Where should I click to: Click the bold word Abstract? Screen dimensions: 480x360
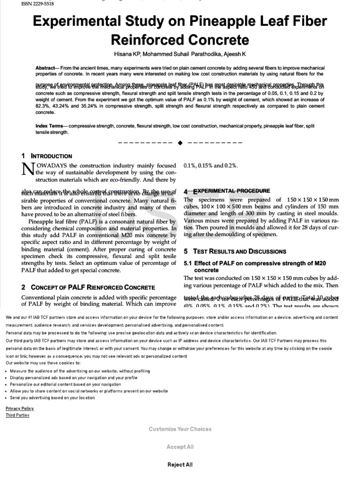pyautogui.click(x=45, y=68)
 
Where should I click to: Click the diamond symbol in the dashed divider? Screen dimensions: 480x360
pyautogui.click(x=180, y=142)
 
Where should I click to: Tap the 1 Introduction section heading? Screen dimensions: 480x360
pyautogui.click(x=47, y=156)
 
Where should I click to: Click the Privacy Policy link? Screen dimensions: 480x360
pyautogui.click(x=20, y=408)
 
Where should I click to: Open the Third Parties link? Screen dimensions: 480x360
pyautogui.click(x=17, y=415)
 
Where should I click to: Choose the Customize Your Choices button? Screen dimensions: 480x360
pyautogui.click(x=180, y=429)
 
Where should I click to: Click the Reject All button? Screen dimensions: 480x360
pyautogui.click(x=180, y=465)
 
